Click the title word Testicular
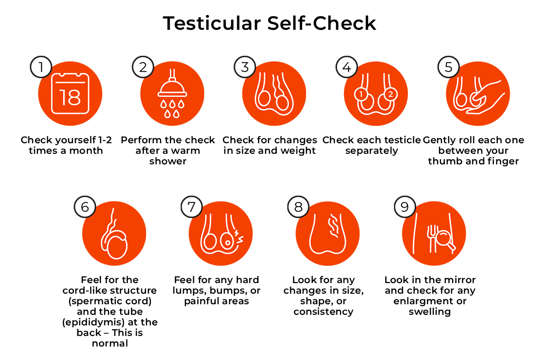(212, 24)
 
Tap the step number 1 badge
(41, 67)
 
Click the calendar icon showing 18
(70, 93)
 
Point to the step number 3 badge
(245, 67)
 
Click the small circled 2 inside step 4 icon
(391, 94)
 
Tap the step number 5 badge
(448, 67)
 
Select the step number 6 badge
(85, 207)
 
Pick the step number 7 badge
(192, 207)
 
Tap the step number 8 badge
(298, 207)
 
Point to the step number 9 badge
(405, 207)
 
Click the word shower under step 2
(168, 161)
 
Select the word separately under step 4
(371, 151)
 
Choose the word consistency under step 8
(323, 312)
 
